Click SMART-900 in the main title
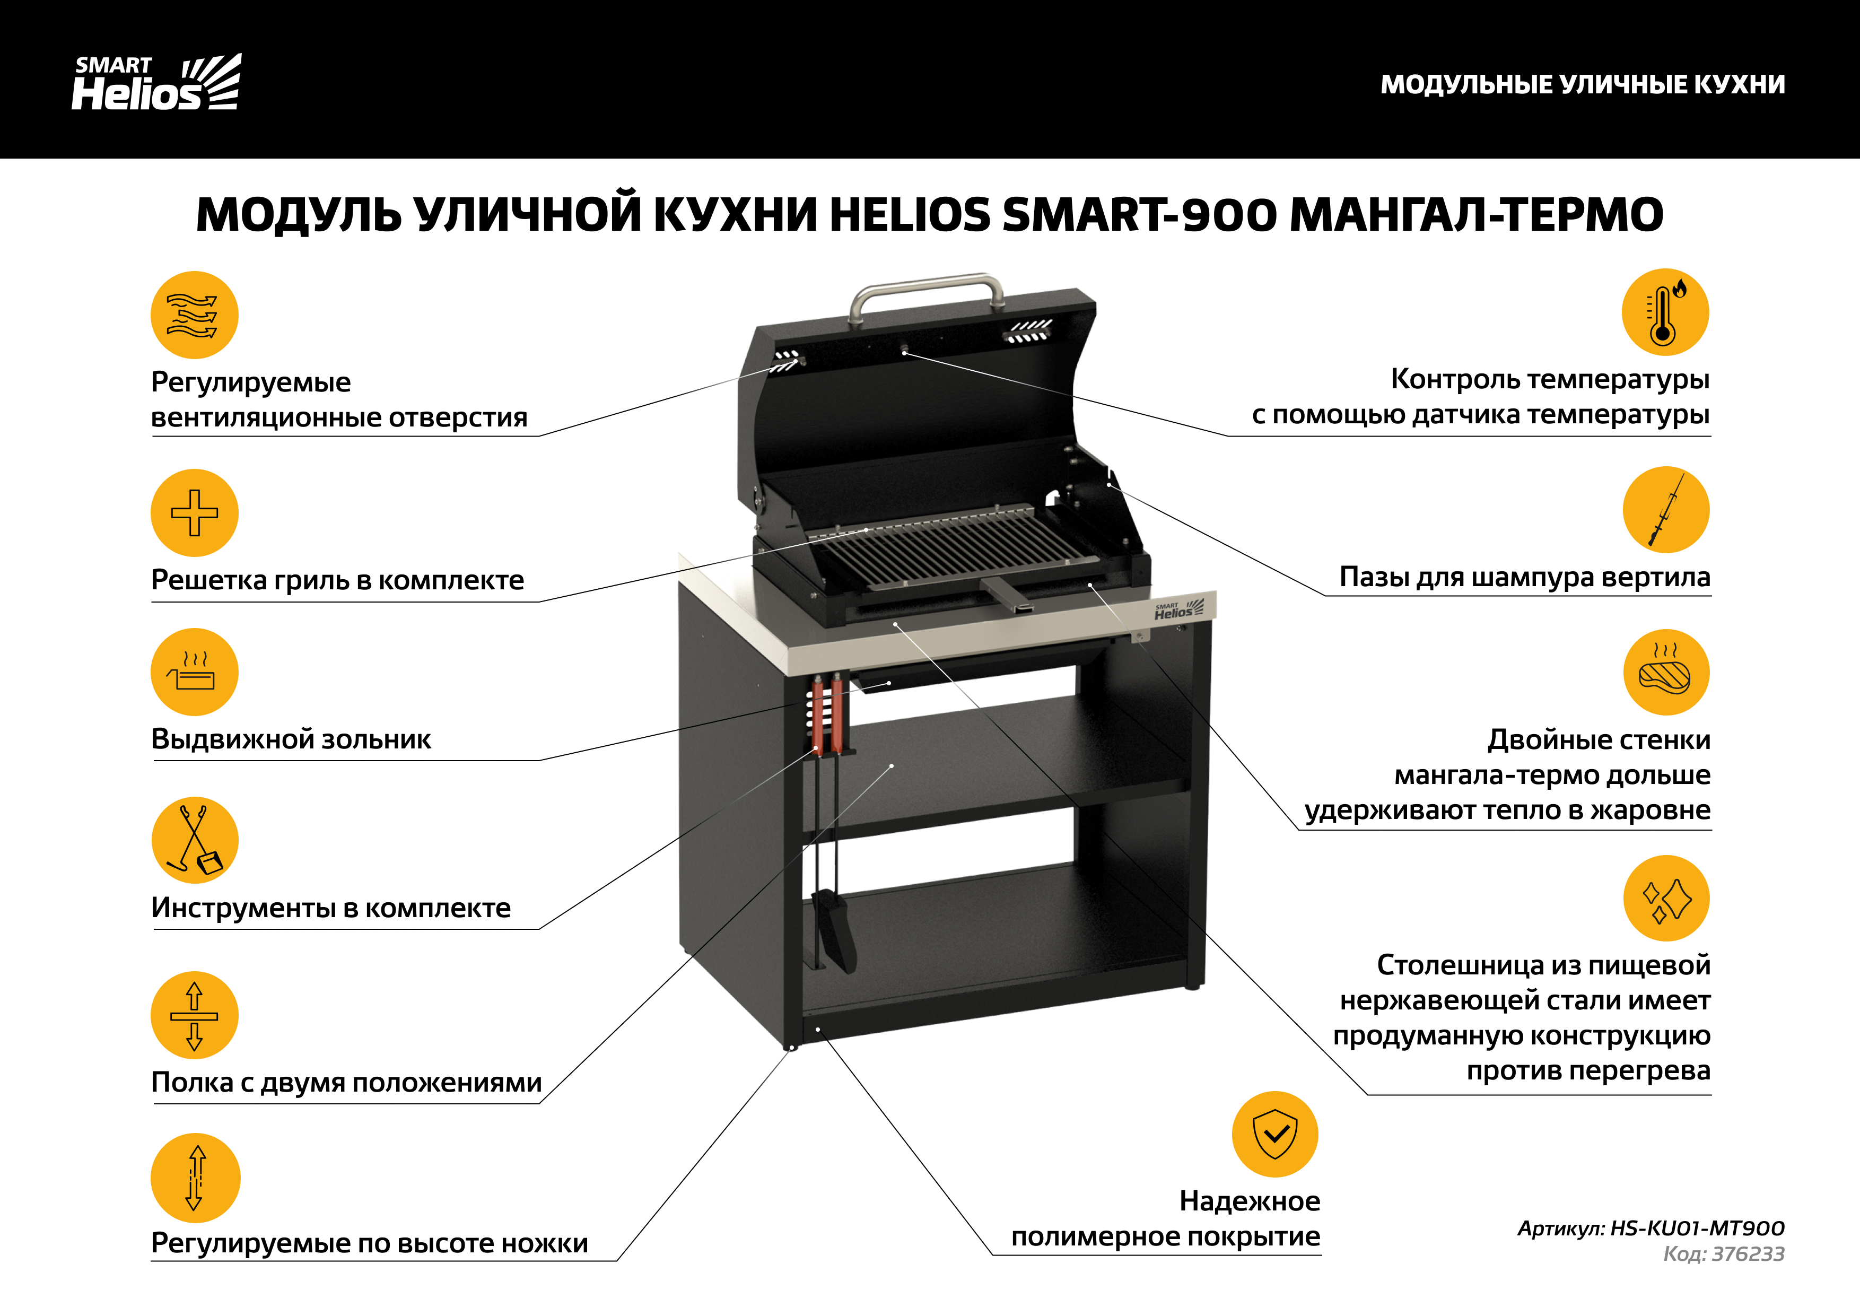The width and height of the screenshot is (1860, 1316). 1139,215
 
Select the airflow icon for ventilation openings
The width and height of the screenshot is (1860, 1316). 195,315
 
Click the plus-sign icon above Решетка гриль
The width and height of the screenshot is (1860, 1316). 195,512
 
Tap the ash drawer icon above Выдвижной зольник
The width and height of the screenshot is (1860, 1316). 195,672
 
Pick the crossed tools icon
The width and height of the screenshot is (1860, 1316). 195,840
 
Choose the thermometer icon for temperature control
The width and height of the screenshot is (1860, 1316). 1665,312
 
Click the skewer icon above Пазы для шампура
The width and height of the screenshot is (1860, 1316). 1665,510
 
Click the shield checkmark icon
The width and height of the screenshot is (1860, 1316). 1275,1135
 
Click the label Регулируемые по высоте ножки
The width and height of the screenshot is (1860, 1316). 370,1243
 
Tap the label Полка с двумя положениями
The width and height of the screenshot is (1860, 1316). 346,1083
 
